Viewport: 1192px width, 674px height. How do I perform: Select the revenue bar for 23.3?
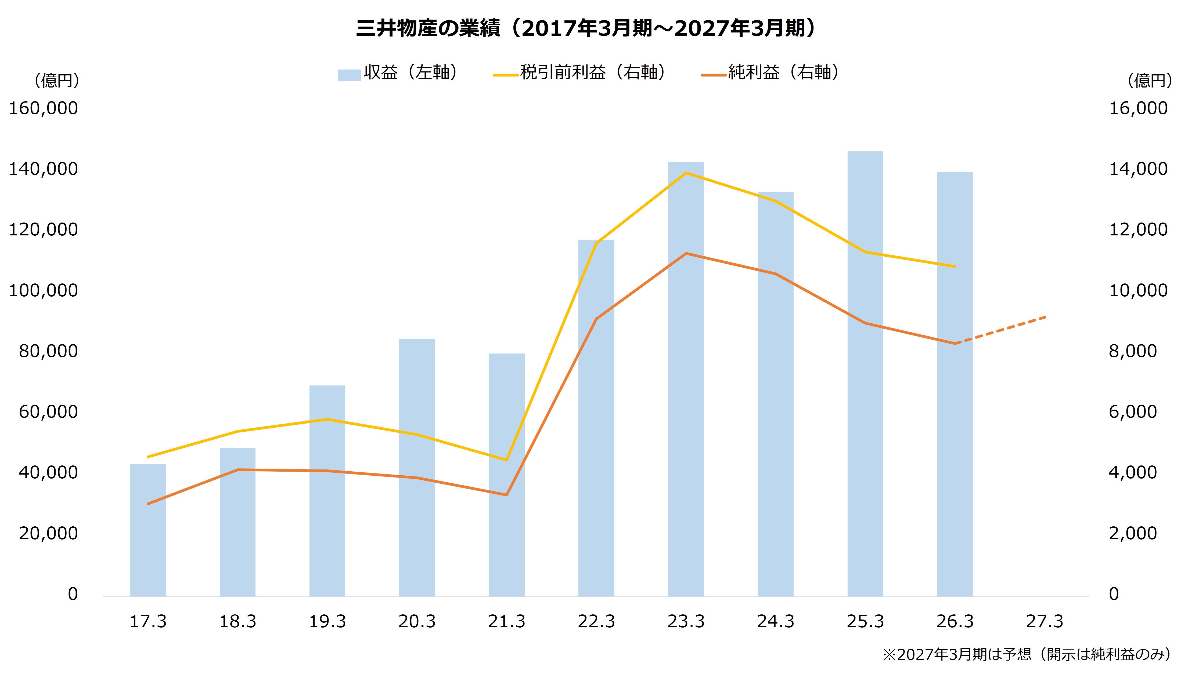pyautogui.click(x=686, y=379)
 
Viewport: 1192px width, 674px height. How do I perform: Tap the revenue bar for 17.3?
pyautogui.click(x=148, y=530)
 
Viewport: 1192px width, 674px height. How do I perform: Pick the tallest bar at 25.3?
pyautogui.click(x=865, y=374)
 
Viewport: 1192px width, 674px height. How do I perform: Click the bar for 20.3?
pyautogui.click(x=417, y=468)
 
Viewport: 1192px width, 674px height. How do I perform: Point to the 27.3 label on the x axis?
pyautogui.click(x=1045, y=621)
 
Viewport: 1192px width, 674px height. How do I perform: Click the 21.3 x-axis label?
pyautogui.click(x=506, y=621)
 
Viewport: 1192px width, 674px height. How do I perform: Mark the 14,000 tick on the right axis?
pyautogui.click(x=1138, y=169)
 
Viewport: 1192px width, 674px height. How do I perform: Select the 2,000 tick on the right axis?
pyautogui.click(x=1133, y=533)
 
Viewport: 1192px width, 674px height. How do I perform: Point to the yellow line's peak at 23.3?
pyautogui.click(x=686, y=173)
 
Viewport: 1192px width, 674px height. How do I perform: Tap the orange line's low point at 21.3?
pyautogui.click(x=506, y=495)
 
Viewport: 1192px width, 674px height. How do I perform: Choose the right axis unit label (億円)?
pyautogui.click(x=1150, y=81)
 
